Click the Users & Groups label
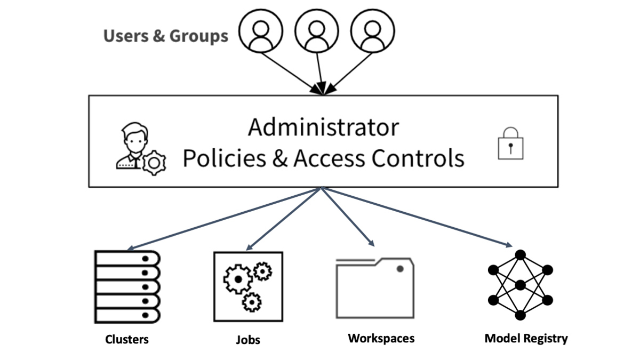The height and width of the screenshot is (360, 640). pyautogui.click(x=165, y=36)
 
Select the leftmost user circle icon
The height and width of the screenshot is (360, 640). pyautogui.click(x=261, y=31)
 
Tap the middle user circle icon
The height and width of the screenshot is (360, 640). pyautogui.click(x=317, y=31)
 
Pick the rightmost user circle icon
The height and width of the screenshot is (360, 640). pyautogui.click(x=372, y=31)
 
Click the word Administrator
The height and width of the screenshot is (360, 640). pyautogui.click(x=323, y=127)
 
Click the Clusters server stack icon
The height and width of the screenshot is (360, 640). pyautogui.click(x=127, y=287)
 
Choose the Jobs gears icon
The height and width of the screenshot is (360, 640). pyautogui.click(x=248, y=287)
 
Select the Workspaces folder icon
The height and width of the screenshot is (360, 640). pyautogui.click(x=374, y=288)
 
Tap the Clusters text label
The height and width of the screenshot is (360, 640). pyautogui.click(x=127, y=339)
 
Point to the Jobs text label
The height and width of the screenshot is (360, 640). pyautogui.click(x=248, y=340)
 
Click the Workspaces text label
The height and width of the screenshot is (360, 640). pyautogui.click(x=381, y=338)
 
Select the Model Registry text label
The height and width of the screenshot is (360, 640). pyautogui.click(x=526, y=338)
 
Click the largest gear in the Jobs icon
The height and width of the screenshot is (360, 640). pyautogui.click(x=237, y=279)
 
